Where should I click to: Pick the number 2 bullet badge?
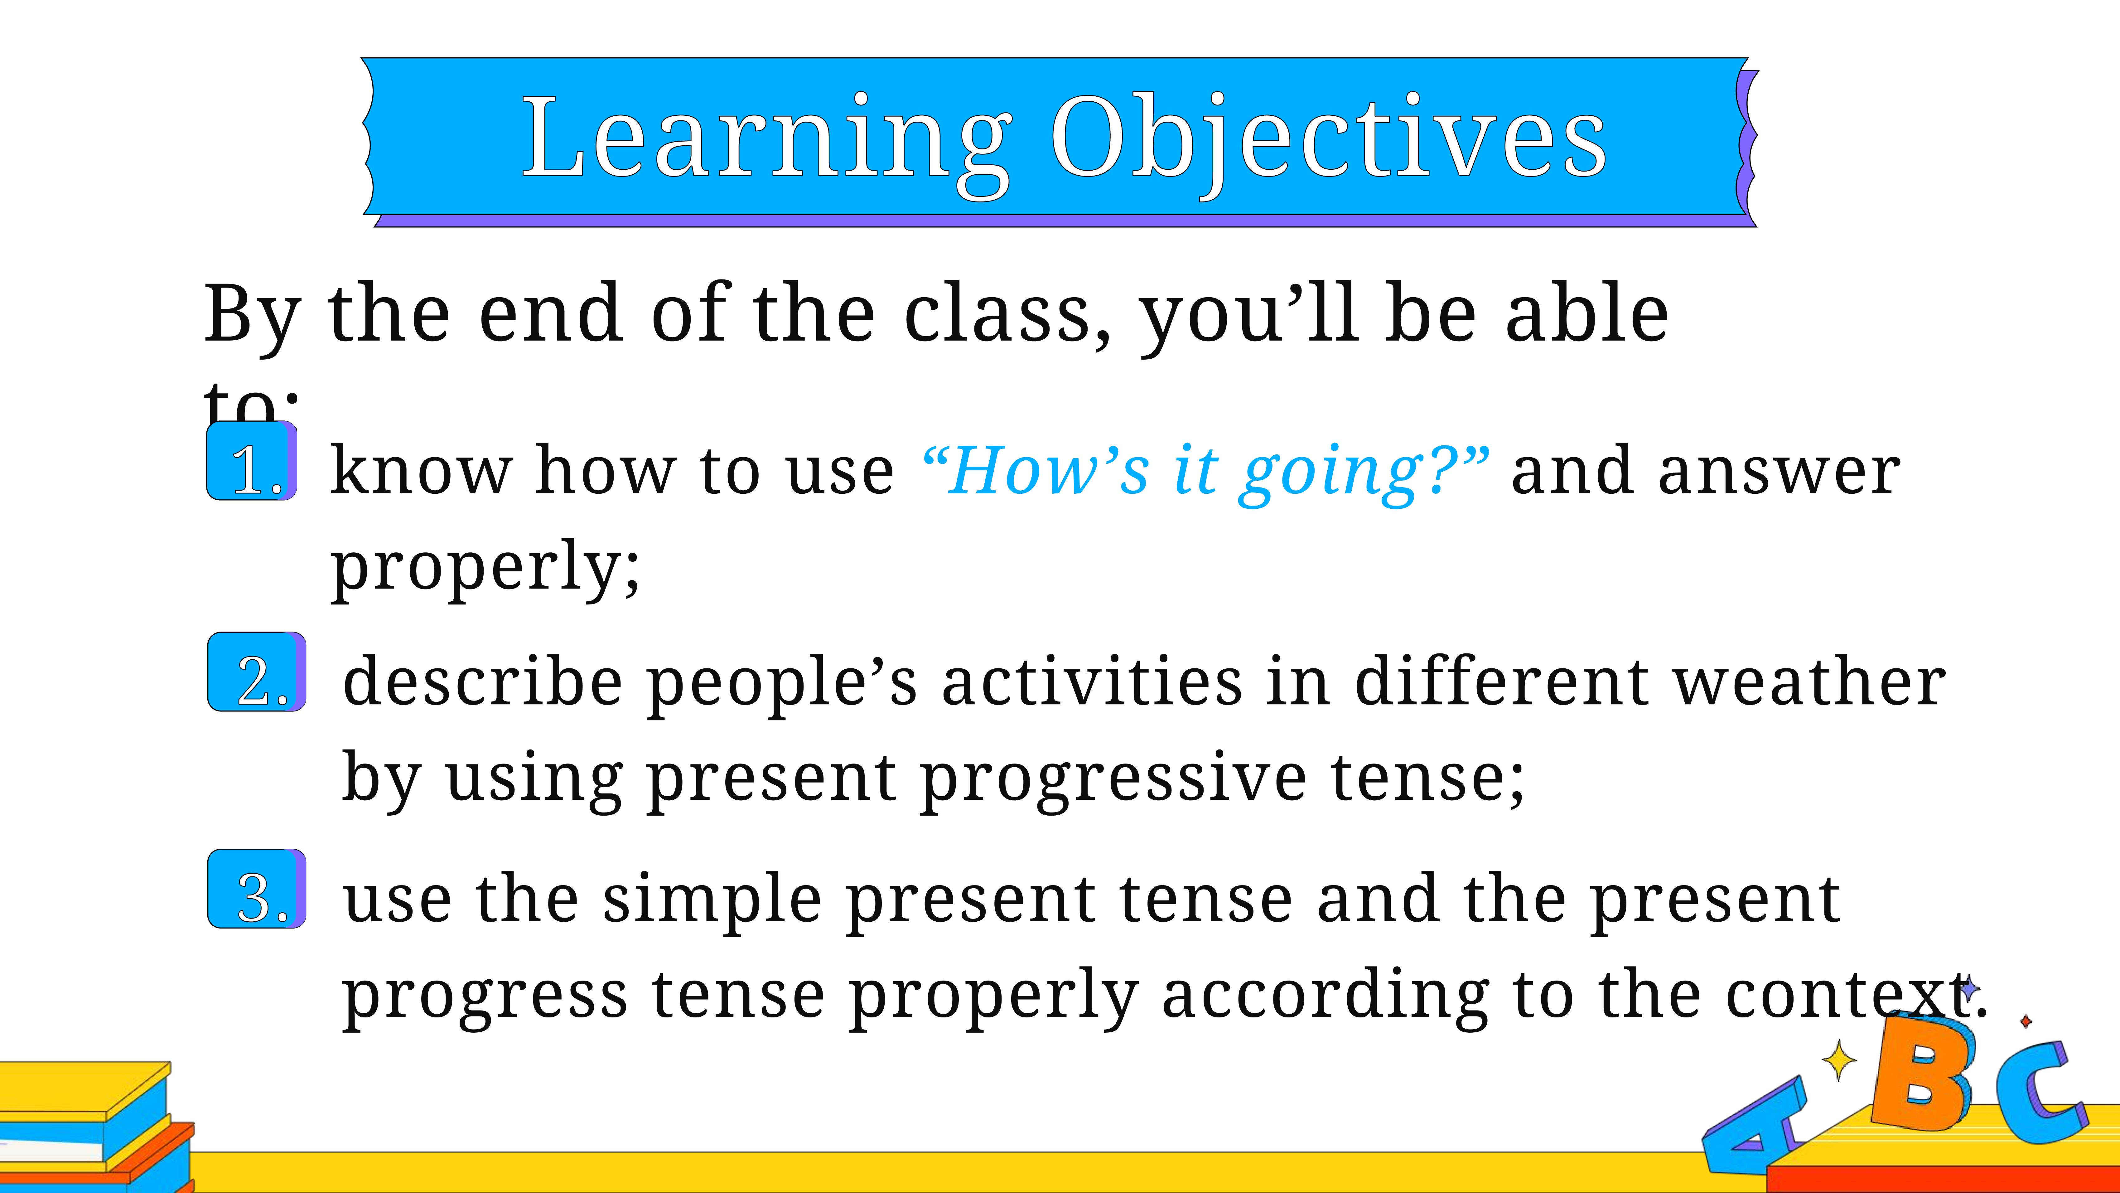[x=257, y=672]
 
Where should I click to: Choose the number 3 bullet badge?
[x=257, y=888]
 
